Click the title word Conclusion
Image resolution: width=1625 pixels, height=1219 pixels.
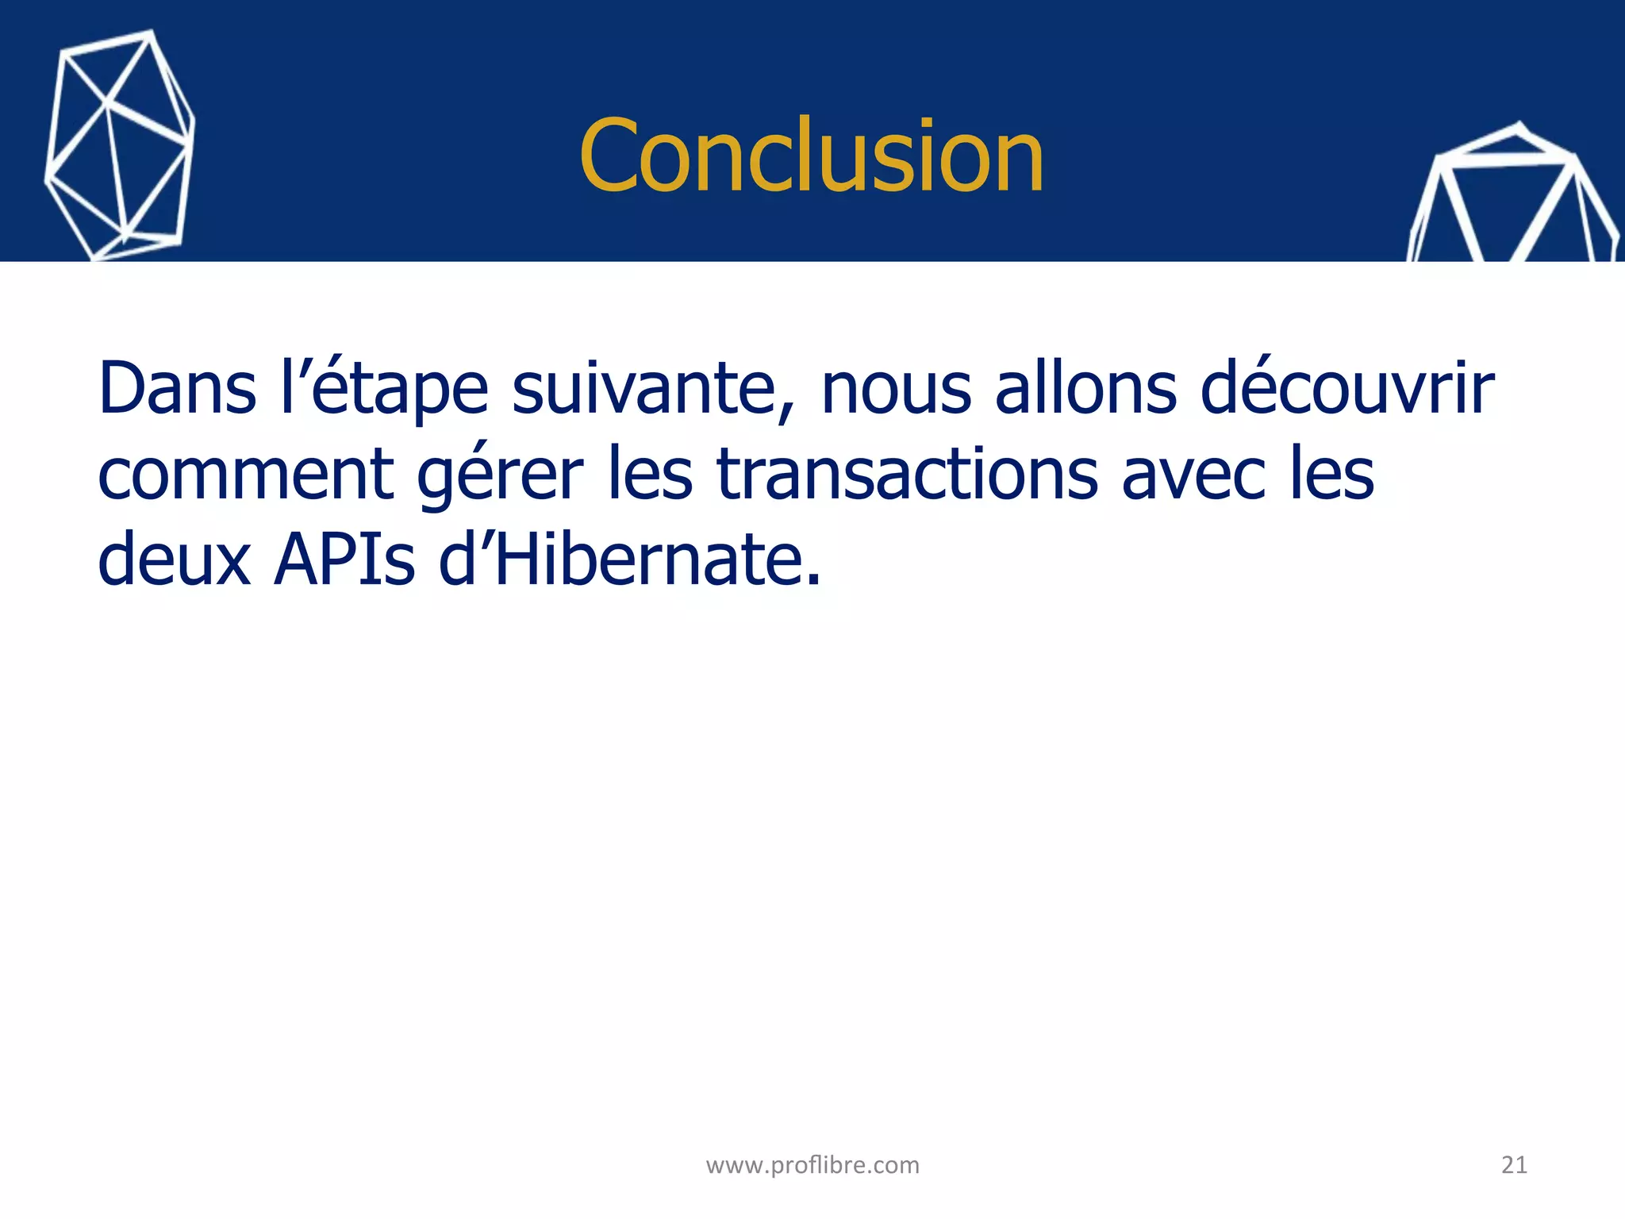pos(811,156)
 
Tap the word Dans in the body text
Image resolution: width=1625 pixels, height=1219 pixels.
pos(177,389)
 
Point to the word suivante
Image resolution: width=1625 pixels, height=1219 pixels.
pos(642,389)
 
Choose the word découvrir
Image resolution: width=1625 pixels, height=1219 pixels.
pos(1347,389)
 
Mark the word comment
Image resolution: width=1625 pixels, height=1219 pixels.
pos(246,475)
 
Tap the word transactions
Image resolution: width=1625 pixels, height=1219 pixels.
pos(908,475)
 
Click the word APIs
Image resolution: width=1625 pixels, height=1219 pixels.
pos(344,560)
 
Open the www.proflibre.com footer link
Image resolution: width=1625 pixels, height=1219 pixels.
pos(812,1165)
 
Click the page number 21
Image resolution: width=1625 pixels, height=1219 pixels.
pos(1514,1165)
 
